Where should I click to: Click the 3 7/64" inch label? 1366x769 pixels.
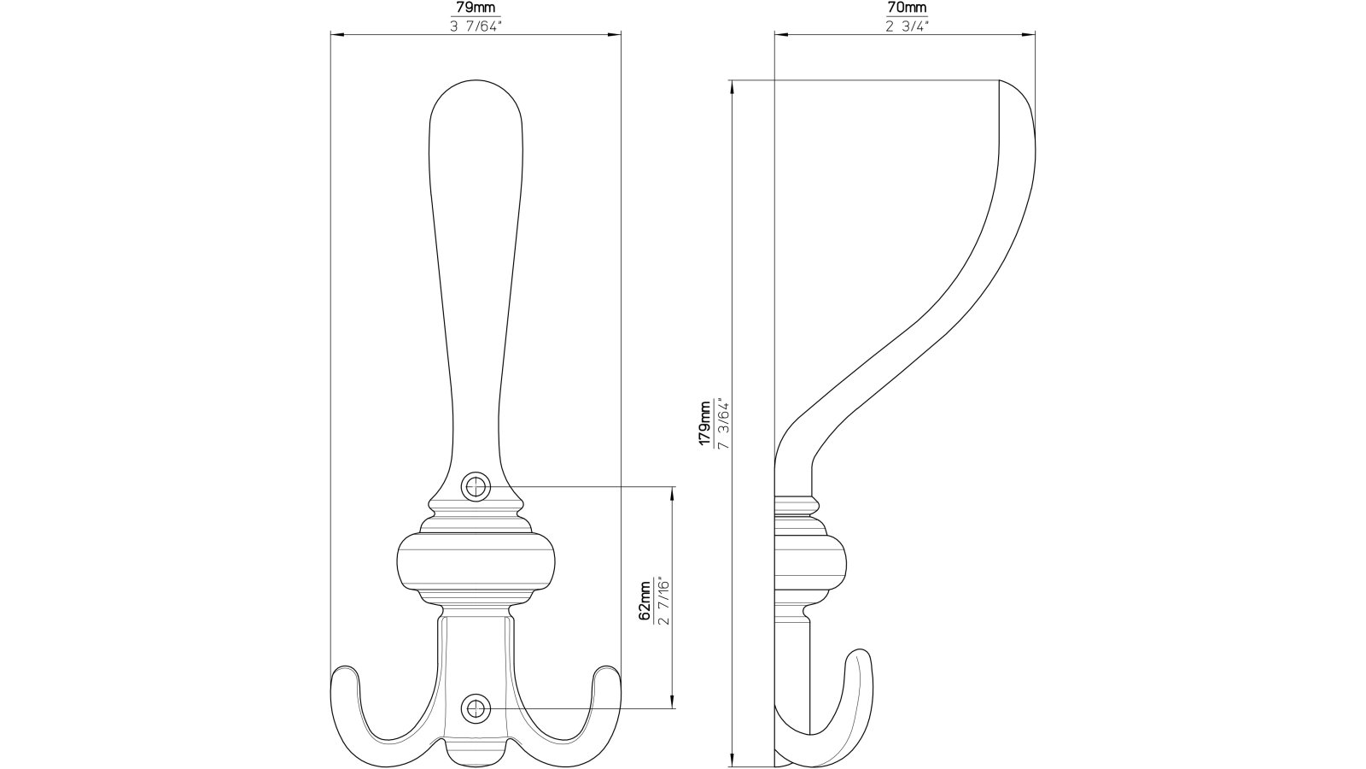click(x=476, y=26)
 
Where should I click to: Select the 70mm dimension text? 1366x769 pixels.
click(x=906, y=9)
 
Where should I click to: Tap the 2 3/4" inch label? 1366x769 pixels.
click(x=906, y=26)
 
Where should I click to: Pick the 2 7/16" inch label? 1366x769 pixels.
click(x=663, y=602)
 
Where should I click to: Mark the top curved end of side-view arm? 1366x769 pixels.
click(x=1020, y=94)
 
